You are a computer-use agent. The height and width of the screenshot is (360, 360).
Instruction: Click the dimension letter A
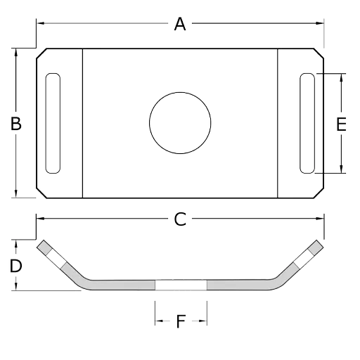[180, 24]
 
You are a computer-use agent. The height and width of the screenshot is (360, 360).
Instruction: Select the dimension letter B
[16, 124]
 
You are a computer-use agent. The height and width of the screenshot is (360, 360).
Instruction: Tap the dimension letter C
[180, 219]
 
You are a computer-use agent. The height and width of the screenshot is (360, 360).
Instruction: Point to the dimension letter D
[15, 266]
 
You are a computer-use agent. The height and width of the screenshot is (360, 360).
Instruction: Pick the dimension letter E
[341, 124]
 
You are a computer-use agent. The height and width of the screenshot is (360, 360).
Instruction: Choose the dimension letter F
[181, 321]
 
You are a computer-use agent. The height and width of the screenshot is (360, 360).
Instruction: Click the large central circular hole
[180, 123]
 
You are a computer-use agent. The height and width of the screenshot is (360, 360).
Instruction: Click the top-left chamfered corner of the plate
[41, 53]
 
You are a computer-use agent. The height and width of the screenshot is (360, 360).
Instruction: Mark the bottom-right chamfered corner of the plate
[319, 193]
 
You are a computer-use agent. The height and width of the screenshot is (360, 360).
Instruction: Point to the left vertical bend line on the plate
[82, 123]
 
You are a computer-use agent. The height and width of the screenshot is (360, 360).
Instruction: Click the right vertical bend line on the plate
[278, 123]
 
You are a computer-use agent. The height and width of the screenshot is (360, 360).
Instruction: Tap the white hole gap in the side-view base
[181, 285]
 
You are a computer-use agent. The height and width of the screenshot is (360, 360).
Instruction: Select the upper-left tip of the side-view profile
[40, 243]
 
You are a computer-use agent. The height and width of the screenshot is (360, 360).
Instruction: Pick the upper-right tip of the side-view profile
[320, 243]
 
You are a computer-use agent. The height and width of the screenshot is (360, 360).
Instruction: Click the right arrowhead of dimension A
[319, 23]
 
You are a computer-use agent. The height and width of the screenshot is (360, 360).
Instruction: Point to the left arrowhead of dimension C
[41, 219]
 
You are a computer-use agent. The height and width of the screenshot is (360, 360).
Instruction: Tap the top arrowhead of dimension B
[16, 53]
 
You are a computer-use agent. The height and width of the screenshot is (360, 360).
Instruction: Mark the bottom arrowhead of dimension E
[341, 169]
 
